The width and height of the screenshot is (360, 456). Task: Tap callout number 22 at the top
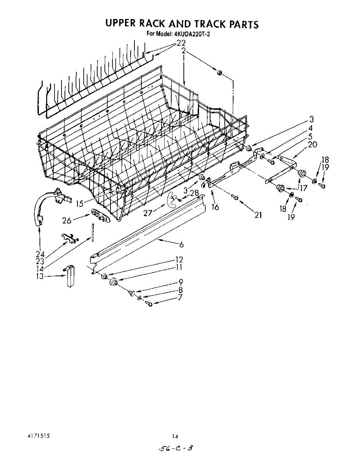[181, 43]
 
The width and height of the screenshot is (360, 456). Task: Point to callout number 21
[258, 215]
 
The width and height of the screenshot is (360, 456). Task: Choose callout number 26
[67, 220]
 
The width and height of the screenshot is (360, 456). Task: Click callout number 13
[39, 276]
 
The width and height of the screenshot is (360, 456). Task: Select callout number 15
[79, 204]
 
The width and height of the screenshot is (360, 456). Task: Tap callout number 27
[148, 213]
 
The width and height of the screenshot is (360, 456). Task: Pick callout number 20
[313, 144]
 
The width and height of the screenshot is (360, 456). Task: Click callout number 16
[215, 207]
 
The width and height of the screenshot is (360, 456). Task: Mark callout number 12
[179, 260]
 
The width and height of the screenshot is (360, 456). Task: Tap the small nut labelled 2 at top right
[220, 72]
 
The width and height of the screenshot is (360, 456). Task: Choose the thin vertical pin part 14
[92, 232]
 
